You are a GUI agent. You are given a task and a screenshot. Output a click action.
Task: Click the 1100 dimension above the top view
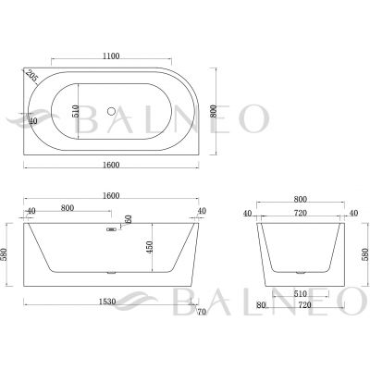tap(111, 55)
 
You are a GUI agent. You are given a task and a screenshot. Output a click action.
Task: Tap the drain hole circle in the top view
tap(111, 111)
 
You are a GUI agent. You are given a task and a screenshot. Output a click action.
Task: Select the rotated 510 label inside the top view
tap(76, 111)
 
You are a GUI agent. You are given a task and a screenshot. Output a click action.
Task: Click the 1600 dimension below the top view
tap(111, 165)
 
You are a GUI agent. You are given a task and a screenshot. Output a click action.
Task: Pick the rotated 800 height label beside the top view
tap(214, 111)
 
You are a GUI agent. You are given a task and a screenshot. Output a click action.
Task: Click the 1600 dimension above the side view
tap(111, 196)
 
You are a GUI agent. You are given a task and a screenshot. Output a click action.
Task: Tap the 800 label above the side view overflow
tap(68, 208)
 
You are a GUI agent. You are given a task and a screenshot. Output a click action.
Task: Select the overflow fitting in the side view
tap(110, 229)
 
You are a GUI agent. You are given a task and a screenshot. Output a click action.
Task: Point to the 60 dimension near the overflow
tap(129, 219)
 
